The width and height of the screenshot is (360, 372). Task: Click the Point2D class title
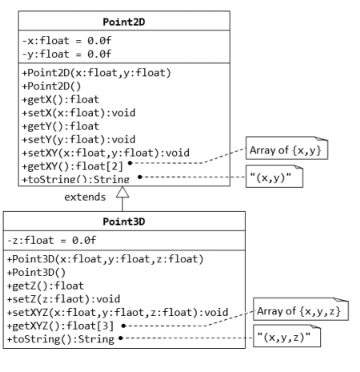pos(124,22)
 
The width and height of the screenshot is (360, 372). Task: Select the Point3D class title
pos(124,222)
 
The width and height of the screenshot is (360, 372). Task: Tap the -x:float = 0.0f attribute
pos(66,41)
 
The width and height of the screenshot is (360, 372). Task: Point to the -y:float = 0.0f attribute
pos(66,54)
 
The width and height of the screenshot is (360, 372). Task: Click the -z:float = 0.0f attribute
pos(51,240)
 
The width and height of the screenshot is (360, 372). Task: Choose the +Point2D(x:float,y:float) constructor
pos(96,73)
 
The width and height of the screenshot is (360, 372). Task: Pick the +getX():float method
pos(61,99)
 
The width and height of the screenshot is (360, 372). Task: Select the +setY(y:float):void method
pos(78,139)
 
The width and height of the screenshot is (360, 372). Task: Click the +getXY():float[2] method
pos(73,166)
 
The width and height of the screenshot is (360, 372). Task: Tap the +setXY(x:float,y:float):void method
pos(106,153)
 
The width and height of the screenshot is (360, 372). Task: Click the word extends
pos(85,197)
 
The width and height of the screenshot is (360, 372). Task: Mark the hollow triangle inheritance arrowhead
pos(122,192)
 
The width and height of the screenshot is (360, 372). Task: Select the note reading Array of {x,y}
pos(286,148)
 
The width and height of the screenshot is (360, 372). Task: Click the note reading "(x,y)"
pos(274,176)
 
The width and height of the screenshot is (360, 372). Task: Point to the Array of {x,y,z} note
pos(301,309)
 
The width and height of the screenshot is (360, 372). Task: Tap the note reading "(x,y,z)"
pos(286,336)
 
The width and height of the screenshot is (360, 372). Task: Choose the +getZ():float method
pos(46,286)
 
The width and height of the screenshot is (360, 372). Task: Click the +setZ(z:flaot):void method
pos(63,299)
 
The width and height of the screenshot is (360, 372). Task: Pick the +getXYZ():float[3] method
pos(61,326)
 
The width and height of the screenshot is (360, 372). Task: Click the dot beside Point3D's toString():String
pos(121,338)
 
